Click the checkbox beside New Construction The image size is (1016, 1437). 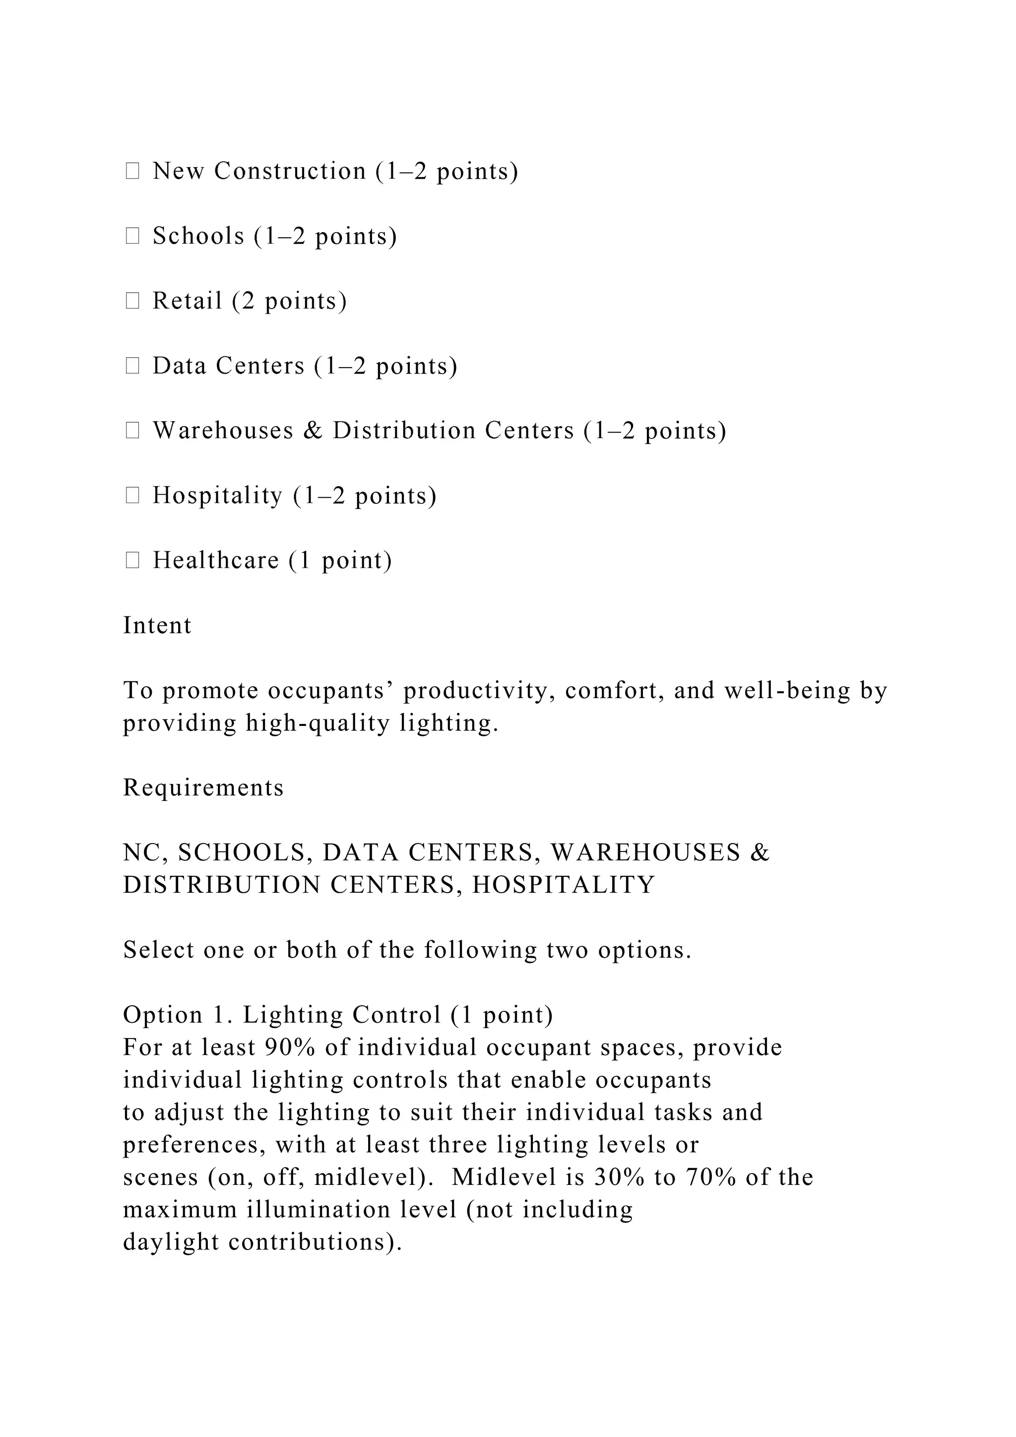(x=132, y=171)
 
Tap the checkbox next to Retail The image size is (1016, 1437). (x=132, y=301)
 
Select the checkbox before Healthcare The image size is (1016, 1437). (x=132, y=560)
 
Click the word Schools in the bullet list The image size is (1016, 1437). (x=198, y=236)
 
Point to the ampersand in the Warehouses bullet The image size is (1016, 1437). (x=313, y=431)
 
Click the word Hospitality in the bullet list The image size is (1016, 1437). (x=218, y=495)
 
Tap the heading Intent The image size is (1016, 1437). (x=157, y=625)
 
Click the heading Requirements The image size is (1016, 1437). (x=203, y=787)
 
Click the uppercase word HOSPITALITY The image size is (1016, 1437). (x=563, y=885)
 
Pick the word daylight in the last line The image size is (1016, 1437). (x=171, y=1242)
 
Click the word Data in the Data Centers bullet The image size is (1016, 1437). (x=180, y=366)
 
